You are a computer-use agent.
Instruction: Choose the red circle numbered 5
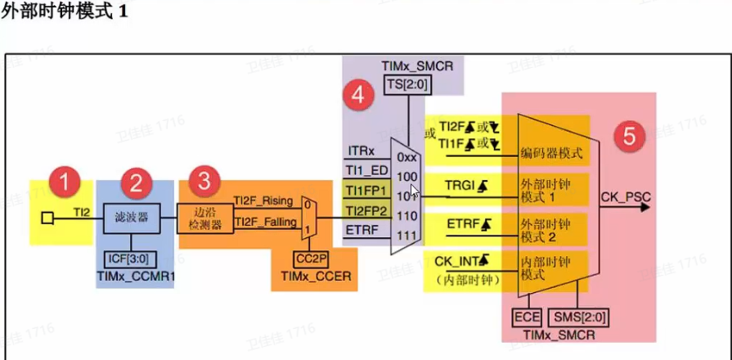point(628,136)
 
